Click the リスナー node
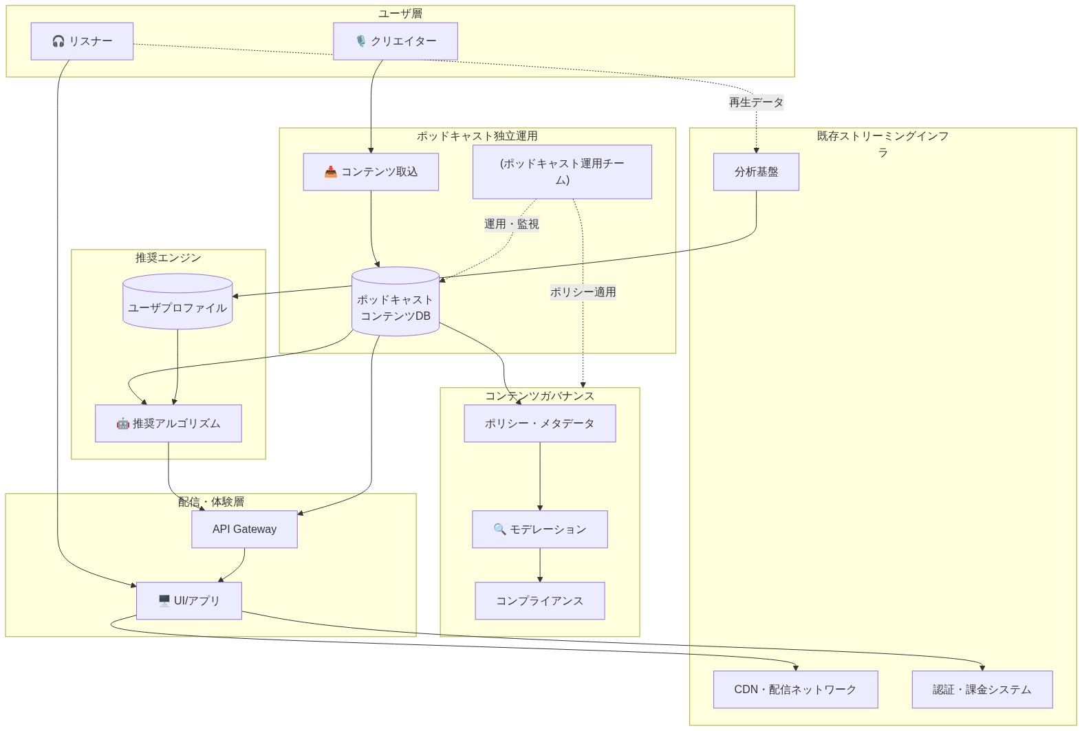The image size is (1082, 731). coord(82,41)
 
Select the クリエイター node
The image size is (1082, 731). coord(396,41)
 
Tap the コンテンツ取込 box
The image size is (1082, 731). coord(371,172)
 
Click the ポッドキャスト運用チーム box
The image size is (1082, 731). coord(562,172)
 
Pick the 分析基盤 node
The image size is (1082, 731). coord(756,172)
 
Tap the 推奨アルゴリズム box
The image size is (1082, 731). coord(169,424)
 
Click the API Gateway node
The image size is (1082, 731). coord(244,530)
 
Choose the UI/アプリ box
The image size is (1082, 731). coord(189,601)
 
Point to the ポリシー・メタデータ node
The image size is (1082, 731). coord(540,424)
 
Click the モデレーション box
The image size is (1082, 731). coord(540,530)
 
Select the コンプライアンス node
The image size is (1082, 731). coord(540,601)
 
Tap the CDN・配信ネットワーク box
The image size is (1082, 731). coord(795,690)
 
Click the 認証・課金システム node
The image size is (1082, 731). coord(982,690)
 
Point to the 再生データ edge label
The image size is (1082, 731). coord(756,102)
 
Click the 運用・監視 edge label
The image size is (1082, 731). coord(512,224)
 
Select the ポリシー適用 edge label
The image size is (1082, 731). coord(583,292)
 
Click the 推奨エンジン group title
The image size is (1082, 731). coord(169,258)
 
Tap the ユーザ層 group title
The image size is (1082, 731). coord(400,14)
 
